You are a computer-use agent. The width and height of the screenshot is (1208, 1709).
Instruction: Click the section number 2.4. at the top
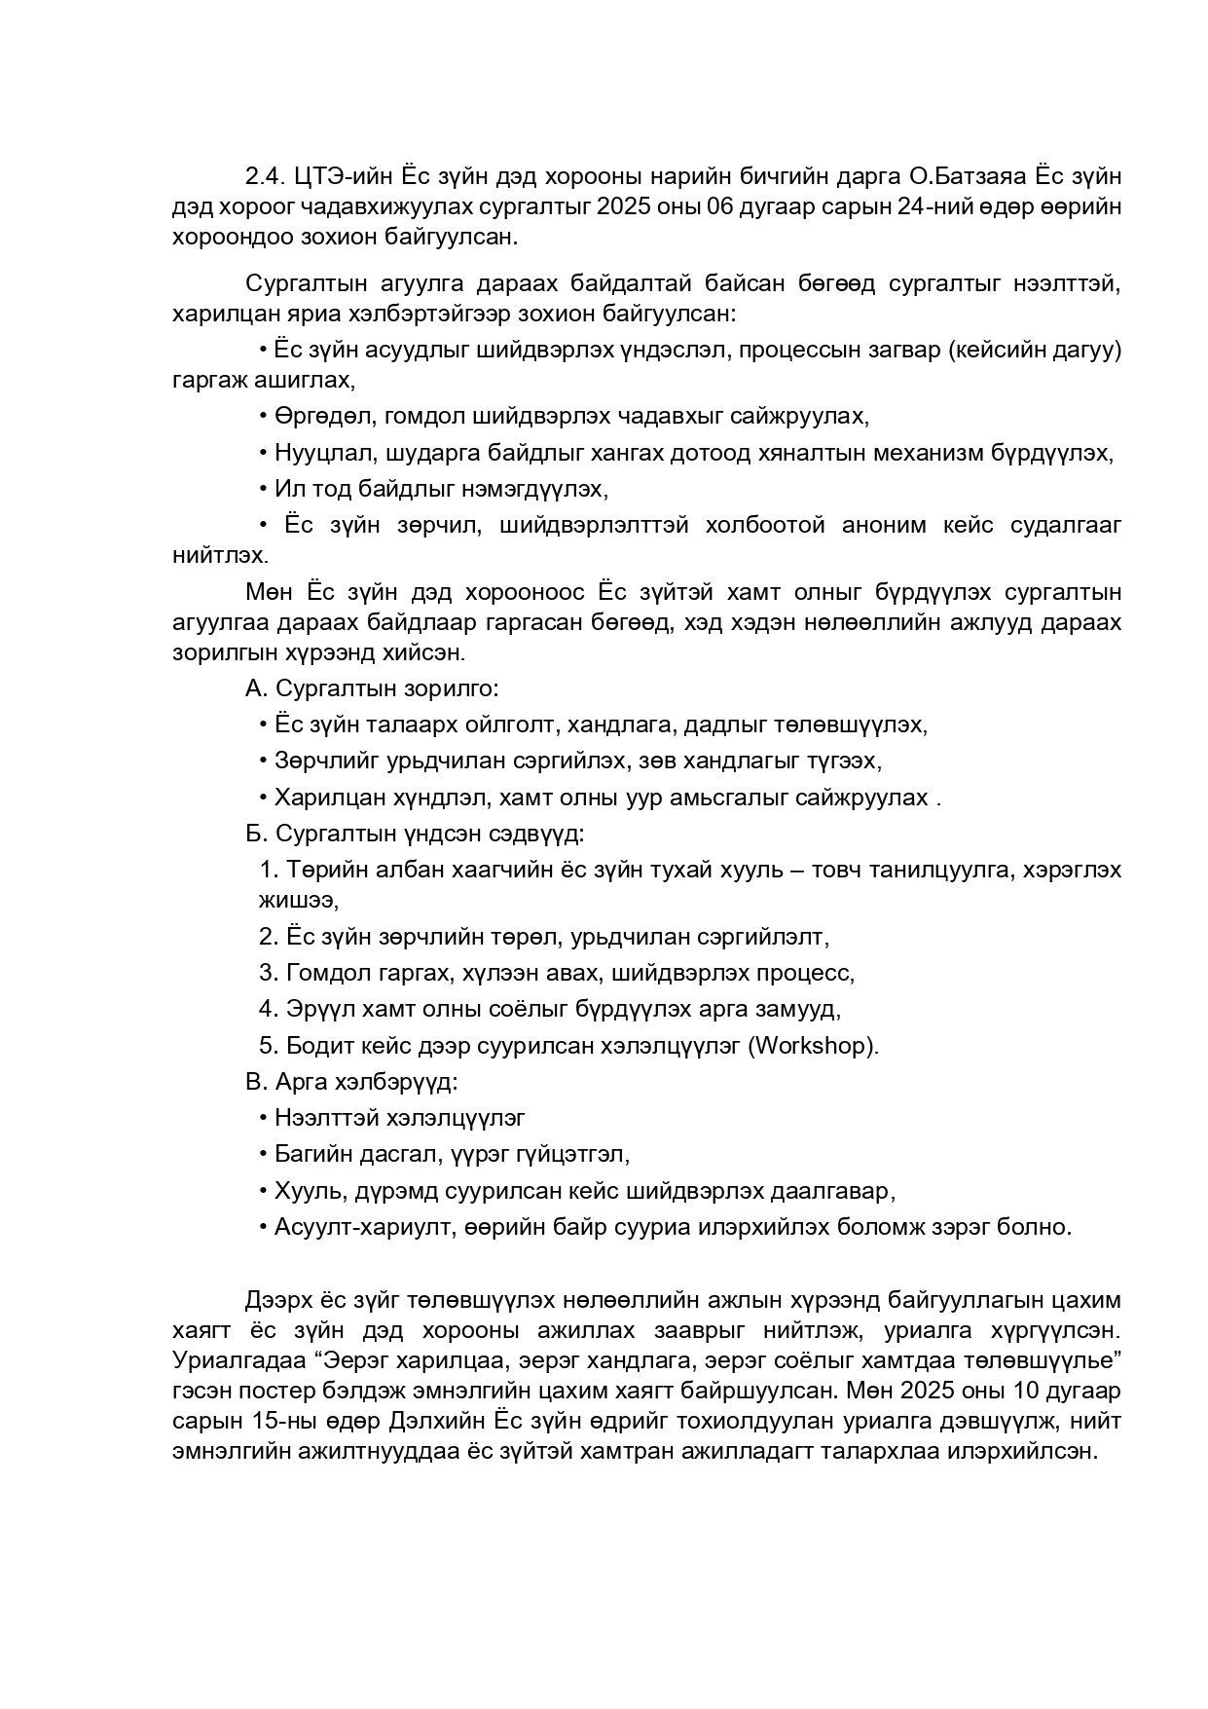point(263,176)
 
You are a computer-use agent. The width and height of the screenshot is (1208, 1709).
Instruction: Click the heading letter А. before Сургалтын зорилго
point(256,688)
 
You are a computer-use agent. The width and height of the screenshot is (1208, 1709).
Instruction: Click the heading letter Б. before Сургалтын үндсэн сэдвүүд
point(256,834)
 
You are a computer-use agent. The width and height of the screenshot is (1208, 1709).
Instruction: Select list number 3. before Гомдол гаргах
point(269,972)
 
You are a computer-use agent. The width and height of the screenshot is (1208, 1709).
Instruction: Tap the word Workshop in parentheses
point(810,1045)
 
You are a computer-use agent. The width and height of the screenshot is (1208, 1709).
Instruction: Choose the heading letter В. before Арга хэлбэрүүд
point(256,1082)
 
